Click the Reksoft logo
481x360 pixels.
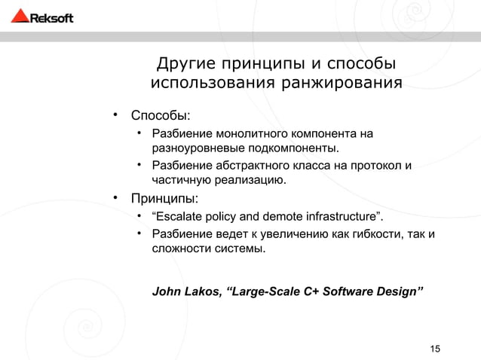pos(42,17)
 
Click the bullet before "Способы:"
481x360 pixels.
pos(117,115)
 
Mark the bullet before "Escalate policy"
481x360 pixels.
pos(139,218)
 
